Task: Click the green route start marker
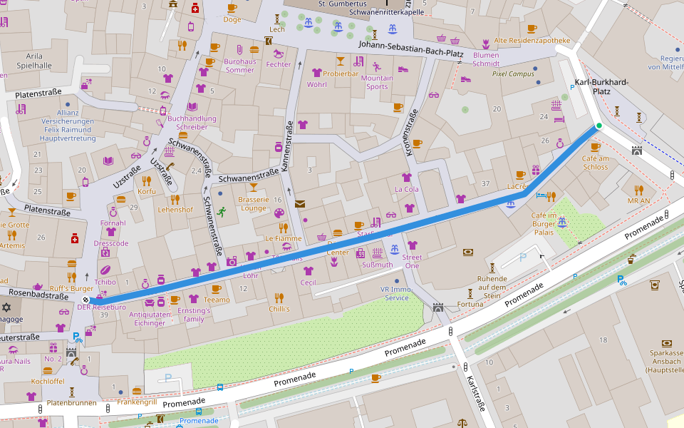click(598, 126)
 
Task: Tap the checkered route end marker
click(85, 300)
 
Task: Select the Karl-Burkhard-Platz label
click(601, 86)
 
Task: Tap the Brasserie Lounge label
click(253, 204)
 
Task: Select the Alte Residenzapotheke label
click(532, 40)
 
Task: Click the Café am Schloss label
click(595, 163)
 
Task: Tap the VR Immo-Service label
click(396, 293)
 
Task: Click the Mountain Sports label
click(377, 82)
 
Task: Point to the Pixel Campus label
click(513, 73)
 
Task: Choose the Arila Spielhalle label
click(34, 61)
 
